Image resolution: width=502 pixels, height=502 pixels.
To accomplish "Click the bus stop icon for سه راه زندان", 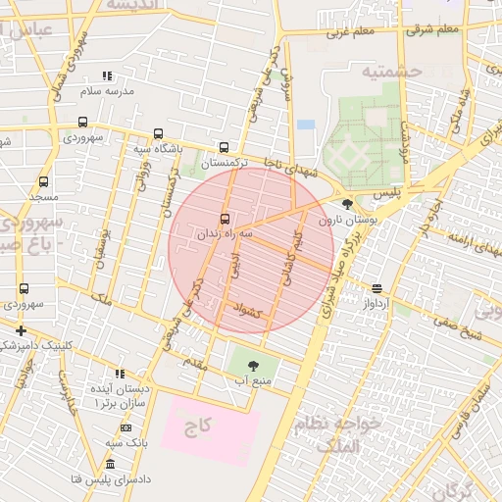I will click(226, 219).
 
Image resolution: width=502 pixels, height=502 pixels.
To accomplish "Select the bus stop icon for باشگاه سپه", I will click(158, 134).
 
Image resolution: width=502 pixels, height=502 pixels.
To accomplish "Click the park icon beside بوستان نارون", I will click(347, 205).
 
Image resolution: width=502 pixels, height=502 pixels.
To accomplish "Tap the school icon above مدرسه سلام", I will click(108, 75).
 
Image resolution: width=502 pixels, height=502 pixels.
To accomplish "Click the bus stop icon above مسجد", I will click(43, 181).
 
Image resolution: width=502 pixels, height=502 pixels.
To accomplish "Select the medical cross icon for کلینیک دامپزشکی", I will click(21, 330).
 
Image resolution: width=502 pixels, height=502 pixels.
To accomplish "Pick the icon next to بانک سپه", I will click(125, 427).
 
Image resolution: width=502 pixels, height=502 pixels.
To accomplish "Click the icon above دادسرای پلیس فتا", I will click(109, 463).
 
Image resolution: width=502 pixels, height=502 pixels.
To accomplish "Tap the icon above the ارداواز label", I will click(376, 288).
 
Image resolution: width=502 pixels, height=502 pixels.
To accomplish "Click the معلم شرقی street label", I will click(435, 29).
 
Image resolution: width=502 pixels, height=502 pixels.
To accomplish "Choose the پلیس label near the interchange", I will click(389, 194).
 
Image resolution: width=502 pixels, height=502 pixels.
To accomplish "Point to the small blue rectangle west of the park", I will click(306, 125).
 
